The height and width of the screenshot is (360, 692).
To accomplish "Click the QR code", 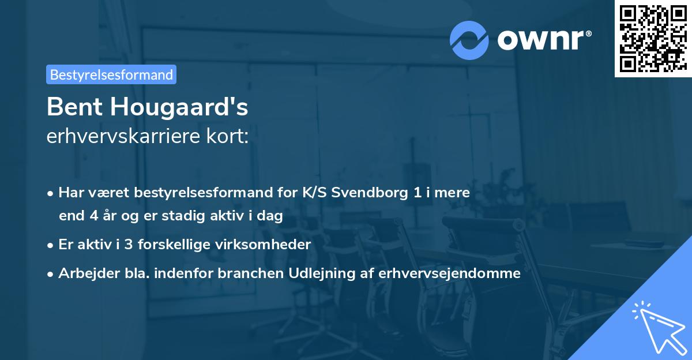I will pos(653,38).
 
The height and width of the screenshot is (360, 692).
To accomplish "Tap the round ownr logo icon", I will pos(469,40).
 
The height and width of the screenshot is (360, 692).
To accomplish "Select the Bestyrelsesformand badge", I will pos(111,74).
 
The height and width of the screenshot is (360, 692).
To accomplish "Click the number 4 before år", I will pos(95,216).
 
